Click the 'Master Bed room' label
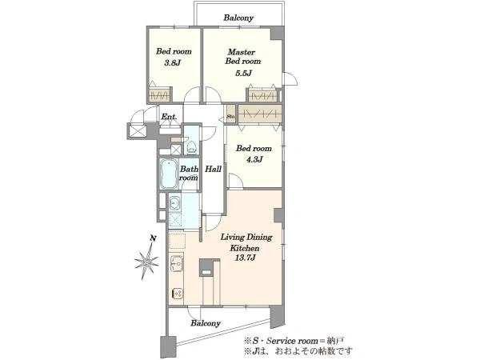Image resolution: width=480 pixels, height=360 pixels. click(242, 57)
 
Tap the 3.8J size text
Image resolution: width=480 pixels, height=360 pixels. click(173, 63)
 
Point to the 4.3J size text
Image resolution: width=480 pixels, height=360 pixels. click(254, 159)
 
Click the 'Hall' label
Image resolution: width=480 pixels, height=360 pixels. click(213, 169)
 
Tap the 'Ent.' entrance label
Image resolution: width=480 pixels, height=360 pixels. click(169, 117)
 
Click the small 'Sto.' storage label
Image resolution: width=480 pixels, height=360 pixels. click(231, 116)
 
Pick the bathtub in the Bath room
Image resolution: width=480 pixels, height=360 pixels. click(169, 174)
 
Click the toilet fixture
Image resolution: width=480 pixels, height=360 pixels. click(192, 146)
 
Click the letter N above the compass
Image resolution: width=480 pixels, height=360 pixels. click(154, 238)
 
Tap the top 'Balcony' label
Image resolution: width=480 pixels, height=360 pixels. click(238, 18)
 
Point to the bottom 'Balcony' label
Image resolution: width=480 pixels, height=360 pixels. click(206, 323)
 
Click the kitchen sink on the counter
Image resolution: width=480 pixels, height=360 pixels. click(177, 262)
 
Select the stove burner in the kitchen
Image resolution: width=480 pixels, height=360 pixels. click(178, 294)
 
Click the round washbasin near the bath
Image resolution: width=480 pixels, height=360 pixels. click(174, 202)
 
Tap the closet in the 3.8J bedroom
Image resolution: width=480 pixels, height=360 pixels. click(159, 94)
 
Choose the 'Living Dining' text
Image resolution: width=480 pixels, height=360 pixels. click(246, 238)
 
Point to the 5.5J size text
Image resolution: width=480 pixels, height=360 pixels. click(243, 74)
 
